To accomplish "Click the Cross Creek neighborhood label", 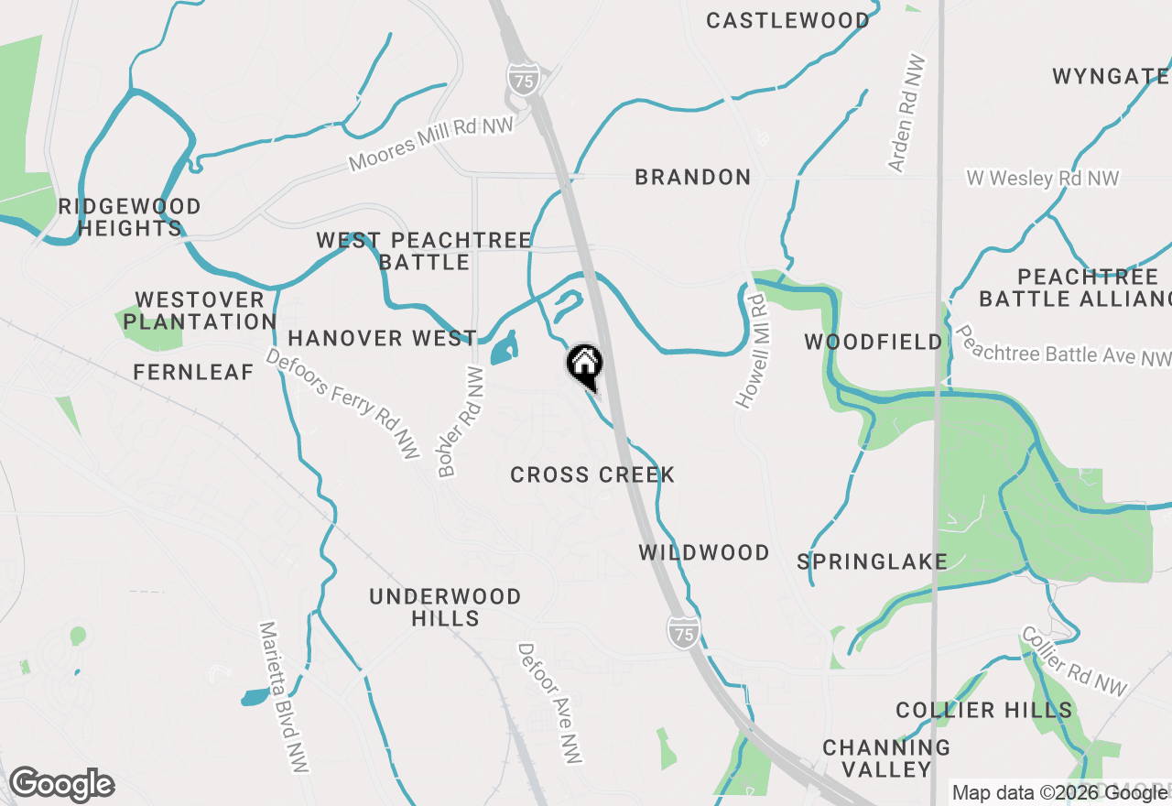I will click(x=592, y=474).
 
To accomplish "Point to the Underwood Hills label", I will click(x=445, y=607).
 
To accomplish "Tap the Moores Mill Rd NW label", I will click(x=431, y=143).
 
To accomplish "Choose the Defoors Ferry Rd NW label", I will click(x=342, y=403).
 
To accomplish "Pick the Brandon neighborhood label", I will click(x=693, y=177).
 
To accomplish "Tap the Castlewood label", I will click(x=788, y=20).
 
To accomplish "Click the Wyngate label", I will click(x=1111, y=76).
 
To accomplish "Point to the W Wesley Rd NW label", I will click(x=1043, y=179).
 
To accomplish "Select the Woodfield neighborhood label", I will click(x=874, y=343).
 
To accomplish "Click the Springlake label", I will click(x=872, y=561).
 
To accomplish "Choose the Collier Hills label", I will click(x=983, y=710).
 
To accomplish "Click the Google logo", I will click(x=61, y=785).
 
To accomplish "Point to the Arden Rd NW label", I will click(x=907, y=114).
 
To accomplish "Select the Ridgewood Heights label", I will click(x=129, y=217).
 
